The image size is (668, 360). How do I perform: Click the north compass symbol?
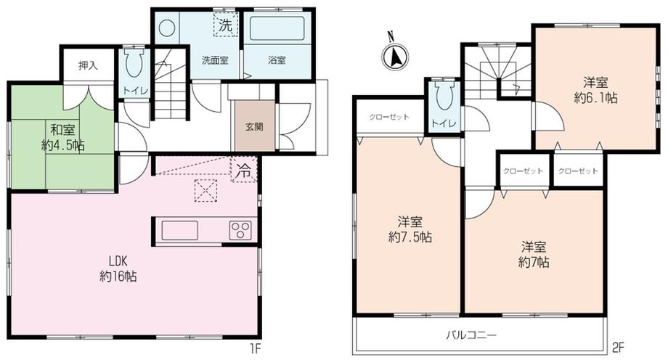(394, 56)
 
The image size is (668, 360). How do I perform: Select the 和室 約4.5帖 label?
(63, 138)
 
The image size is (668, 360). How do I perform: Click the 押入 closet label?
(88, 65)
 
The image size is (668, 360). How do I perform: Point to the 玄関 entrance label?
(255, 126)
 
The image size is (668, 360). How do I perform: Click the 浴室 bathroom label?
(276, 61)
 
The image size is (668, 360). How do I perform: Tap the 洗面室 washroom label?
(216, 61)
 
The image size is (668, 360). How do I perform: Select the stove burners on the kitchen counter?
(240, 231)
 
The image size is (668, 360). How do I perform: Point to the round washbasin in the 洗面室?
(166, 29)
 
